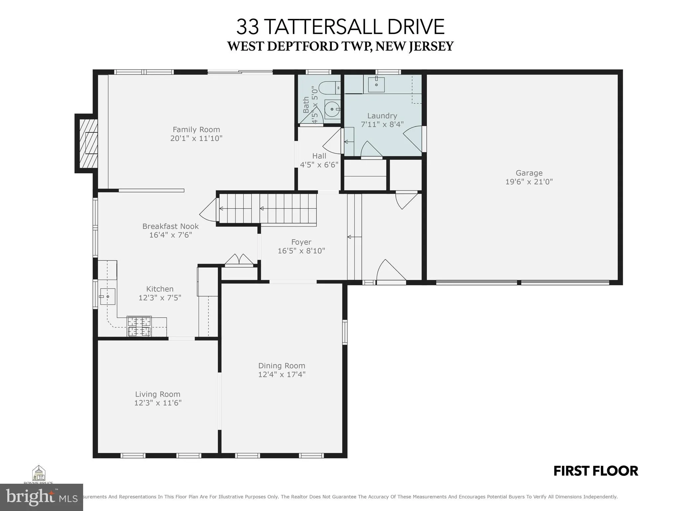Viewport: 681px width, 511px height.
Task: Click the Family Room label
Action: tap(196, 130)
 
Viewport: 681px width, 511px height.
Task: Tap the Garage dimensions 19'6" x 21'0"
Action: tap(529, 182)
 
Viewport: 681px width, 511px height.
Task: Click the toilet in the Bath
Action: tap(329, 88)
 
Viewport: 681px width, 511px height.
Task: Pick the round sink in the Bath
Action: tap(332, 109)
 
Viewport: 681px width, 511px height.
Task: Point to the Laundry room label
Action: tap(382, 116)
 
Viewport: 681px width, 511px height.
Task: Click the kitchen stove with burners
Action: tap(139, 326)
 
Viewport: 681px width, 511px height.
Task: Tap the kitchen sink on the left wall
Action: tap(107, 296)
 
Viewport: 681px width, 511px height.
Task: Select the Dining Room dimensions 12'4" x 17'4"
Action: tap(282, 375)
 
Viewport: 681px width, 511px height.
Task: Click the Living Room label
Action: tap(158, 394)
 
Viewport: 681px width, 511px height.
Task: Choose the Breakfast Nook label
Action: tap(170, 226)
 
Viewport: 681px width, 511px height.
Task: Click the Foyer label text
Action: tap(301, 242)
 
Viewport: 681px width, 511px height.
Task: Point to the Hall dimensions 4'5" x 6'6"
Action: tap(319, 165)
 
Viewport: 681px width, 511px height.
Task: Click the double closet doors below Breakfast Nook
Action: tap(239, 260)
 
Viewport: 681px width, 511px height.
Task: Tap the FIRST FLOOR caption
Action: tap(596, 471)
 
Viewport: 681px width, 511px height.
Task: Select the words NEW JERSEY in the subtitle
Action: tap(415, 46)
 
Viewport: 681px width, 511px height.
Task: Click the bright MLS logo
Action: tap(41, 497)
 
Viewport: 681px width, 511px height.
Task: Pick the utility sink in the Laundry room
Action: tap(376, 84)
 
